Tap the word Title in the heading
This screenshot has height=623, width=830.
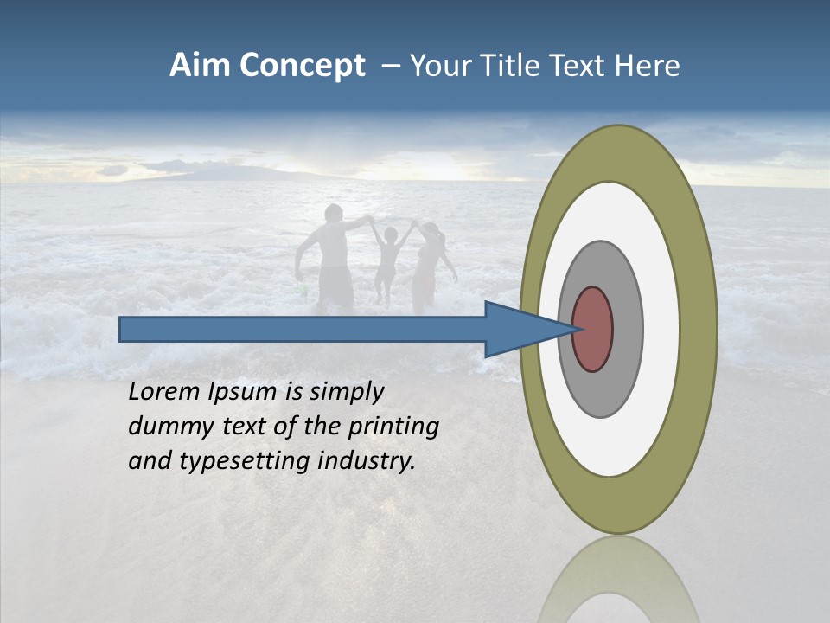[518, 66]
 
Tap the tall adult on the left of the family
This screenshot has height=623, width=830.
[332, 260]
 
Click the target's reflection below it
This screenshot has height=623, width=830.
[618, 580]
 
